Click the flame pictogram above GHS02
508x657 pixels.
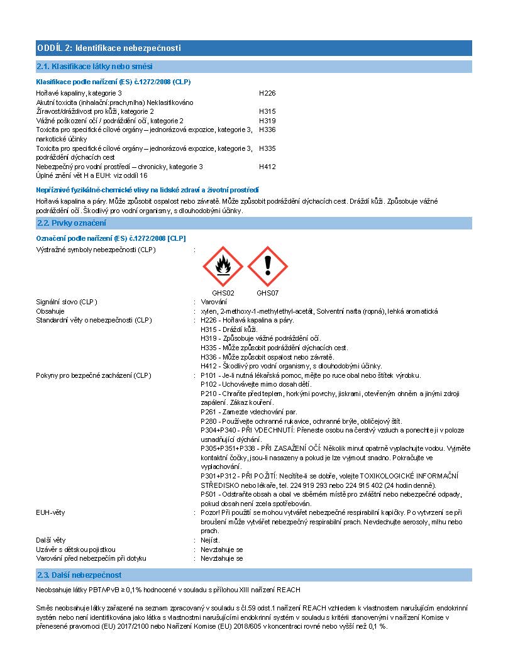click(x=223, y=267)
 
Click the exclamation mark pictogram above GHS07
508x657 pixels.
click(x=267, y=267)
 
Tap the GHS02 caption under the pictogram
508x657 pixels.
click(x=223, y=293)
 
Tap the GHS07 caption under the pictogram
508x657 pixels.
click(x=267, y=293)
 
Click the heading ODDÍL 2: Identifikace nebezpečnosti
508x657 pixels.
click(x=109, y=48)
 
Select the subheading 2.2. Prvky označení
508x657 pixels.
click(x=72, y=223)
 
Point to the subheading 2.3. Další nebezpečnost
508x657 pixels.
click(x=79, y=575)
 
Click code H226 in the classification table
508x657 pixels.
click(x=267, y=93)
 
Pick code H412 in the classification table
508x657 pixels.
click(x=267, y=167)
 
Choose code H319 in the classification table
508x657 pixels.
click(x=267, y=121)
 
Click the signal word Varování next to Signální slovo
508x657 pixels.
click(x=214, y=302)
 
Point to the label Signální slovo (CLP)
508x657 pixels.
click(x=67, y=302)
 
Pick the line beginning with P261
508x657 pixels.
click(x=248, y=412)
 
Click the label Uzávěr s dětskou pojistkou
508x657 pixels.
click(x=75, y=549)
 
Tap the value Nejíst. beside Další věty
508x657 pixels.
click(x=211, y=540)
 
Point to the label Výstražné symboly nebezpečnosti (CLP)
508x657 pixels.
click(x=96, y=250)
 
